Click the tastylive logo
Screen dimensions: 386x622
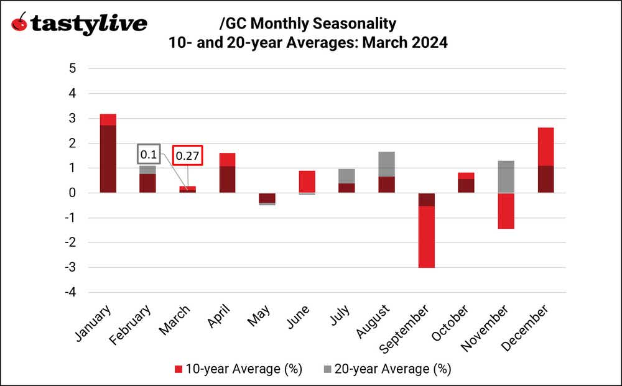pos(80,24)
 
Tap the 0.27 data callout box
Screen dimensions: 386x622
pos(187,155)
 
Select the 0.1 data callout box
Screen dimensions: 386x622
pos(149,154)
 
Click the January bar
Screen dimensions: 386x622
pos(108,154)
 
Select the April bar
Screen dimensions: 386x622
pos(227,173)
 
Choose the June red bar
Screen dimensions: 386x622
pos(307,182)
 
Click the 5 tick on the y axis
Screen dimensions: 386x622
pos(72,68)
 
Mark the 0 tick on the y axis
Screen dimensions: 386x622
pos(72,193)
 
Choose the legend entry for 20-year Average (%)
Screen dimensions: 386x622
pos(385,369)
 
